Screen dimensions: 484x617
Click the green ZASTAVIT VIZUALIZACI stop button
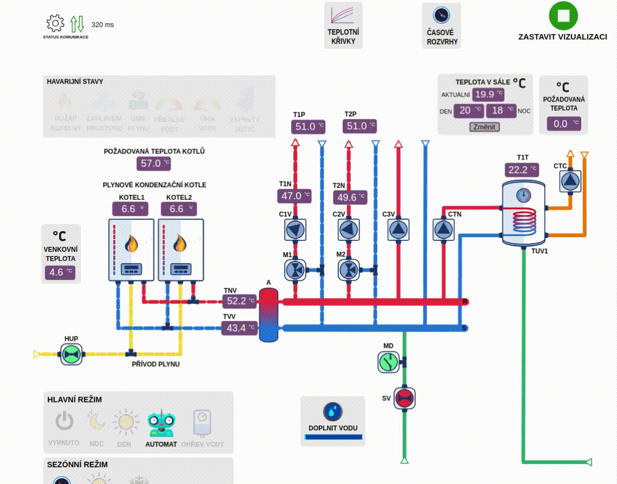[x=563, y=16]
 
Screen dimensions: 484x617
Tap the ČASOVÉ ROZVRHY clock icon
[x=441, y=15]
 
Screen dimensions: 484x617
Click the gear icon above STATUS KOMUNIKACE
[x=55, y=23]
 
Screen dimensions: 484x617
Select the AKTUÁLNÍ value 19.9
[x=488, y=94]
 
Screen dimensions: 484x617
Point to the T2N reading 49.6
[x=351, y=197]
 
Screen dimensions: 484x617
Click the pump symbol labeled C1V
[x=295, y=230]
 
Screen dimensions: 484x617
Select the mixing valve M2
[x=349, y=269]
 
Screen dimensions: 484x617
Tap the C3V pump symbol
[x=399, y=230]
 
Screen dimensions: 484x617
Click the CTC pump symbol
[x=570, y=181]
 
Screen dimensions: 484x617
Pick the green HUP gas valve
[x=70, y=355]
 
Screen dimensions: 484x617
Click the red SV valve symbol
[x=403, y=398]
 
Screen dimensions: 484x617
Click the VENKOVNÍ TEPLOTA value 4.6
[x=60, y=272]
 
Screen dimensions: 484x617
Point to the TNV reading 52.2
[x=240, y=301]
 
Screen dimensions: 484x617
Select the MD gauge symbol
[x=388, y=362]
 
